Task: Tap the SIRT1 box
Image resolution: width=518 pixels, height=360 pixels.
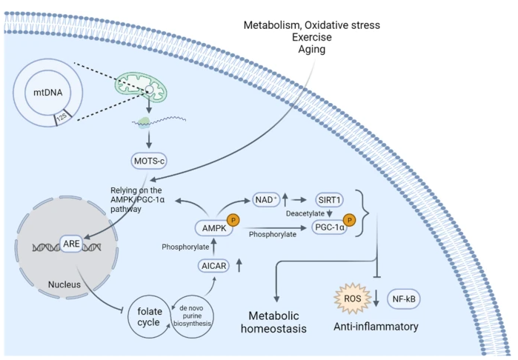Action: point(327,201)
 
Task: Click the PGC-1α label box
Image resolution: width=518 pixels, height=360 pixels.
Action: point(331,228)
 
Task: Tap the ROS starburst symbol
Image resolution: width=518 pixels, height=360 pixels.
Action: point(353,298)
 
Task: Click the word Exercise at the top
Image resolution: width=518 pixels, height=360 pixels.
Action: point(311,36)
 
